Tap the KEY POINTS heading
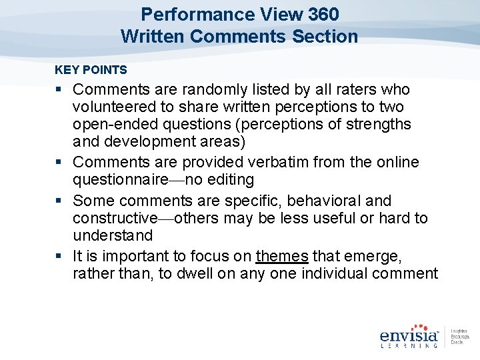(x=91, y=69)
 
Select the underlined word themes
(x=282, y=256)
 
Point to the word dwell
(x=211, y=273)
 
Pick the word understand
(x=113, y=235)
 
